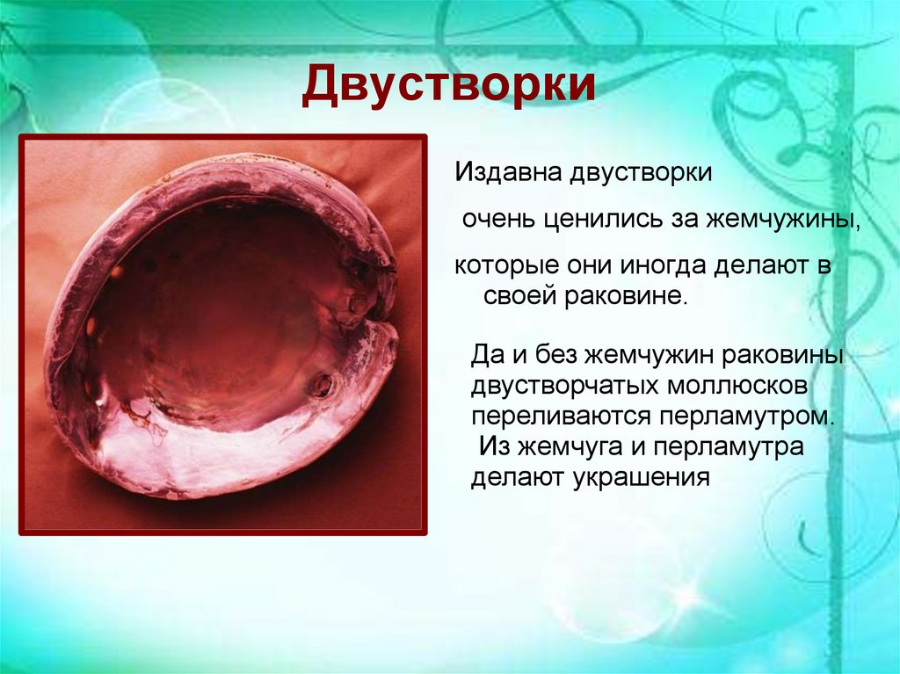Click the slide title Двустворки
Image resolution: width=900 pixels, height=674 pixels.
pos(448,88)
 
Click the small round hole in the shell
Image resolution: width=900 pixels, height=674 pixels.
pos(323,384)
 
